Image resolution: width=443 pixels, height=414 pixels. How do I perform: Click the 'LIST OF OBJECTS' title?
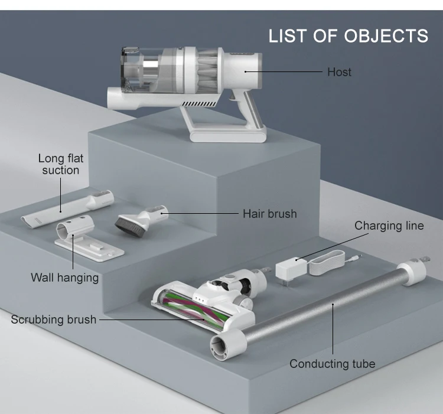click(348, 35)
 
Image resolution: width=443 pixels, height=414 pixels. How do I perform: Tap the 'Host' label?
click(339, 72)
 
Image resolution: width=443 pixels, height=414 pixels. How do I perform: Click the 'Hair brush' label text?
click(269, 214)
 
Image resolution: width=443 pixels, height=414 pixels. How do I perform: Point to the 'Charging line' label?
click(389, 226)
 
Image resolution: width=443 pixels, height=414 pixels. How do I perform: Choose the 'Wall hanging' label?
click(64, 277)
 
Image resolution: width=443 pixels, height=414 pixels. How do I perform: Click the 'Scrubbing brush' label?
click(53, 320)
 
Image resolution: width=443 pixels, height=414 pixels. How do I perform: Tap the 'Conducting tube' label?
click(332, 364)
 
